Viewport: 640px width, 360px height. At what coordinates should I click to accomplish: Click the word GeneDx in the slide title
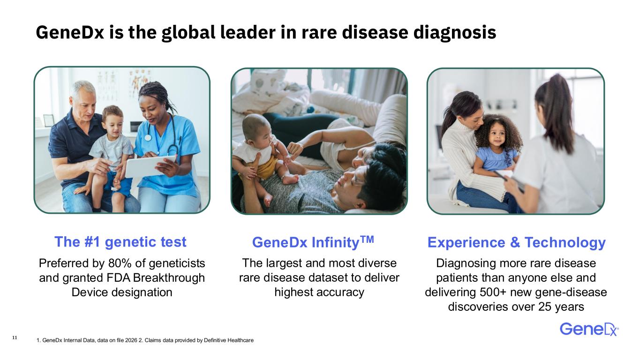[x=70, y=32]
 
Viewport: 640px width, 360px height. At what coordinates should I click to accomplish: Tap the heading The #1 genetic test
[x=120, y=242]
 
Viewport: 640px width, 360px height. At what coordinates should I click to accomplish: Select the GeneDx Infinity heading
[x=313, y=242]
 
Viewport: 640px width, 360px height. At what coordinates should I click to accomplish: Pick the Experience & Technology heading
[x=516, y=242]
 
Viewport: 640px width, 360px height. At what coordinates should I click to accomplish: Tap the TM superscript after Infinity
[x=367, y=239]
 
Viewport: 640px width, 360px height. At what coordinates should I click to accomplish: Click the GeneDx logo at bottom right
[x=589, y=329]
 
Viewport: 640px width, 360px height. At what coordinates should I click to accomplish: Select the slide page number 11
[x=15, y=337]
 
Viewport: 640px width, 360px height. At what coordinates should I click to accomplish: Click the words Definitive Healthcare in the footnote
[x=229, y=340]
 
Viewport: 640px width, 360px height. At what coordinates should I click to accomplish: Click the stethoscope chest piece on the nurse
[x=148, y=137]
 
